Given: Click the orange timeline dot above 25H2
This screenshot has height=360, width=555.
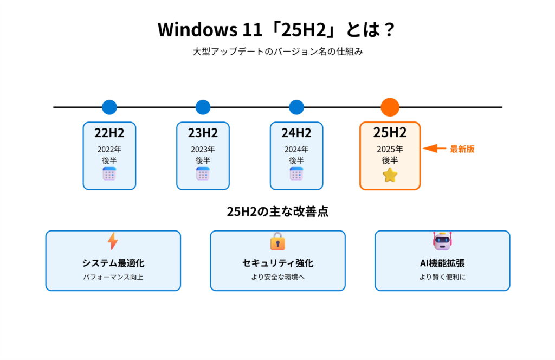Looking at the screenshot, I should pos(390,107).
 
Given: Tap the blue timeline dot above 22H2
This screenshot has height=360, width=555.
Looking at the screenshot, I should pos(109,107).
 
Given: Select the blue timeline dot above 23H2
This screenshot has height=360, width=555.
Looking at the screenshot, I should pos(203,107).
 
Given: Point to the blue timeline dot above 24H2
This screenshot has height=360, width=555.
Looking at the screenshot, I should pos(296,107).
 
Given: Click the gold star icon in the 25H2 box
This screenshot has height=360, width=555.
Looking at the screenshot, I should pos(390,175).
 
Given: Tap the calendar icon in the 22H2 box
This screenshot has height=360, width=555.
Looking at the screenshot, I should pos(109,173).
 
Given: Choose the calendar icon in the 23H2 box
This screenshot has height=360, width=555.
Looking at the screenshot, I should pos(203,173).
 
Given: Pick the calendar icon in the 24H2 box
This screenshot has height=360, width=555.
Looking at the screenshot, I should pos(296,173).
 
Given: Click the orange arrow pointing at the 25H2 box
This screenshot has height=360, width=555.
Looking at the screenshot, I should pos(434,149).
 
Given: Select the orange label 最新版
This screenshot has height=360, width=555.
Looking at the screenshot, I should pos(462,149).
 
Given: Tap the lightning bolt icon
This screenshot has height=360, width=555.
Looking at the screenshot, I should pos(113,241).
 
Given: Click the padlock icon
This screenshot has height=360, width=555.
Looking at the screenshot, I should pos(277,241).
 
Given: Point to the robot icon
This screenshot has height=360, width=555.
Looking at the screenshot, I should pos(442,241).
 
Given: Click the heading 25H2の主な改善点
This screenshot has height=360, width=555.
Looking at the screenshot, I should pos(277,211).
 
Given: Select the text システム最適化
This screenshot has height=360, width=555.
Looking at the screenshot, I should pos(113,263).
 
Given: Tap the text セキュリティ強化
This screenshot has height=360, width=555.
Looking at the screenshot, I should pos(277,263).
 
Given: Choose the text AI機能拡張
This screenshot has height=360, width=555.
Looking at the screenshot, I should pos(442,263).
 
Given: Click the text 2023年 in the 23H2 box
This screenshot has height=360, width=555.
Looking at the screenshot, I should pos(203,149).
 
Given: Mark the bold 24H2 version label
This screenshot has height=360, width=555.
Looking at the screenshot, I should pos(296,133).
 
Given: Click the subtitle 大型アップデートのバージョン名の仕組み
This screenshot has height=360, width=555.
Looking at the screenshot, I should pos(277,52).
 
